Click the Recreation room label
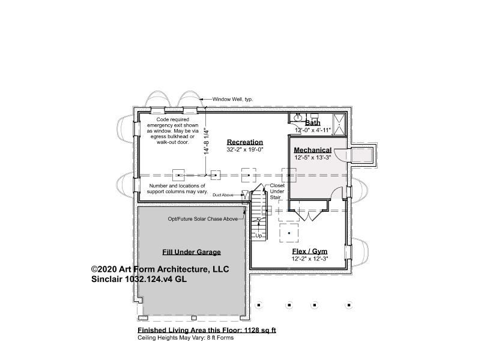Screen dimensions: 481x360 point(245,142)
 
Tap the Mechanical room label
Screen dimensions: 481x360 point(313,150)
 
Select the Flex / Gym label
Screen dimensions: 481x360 point(309,251)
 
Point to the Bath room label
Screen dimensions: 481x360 point(313,123)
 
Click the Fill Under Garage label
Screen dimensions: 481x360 point(192,252)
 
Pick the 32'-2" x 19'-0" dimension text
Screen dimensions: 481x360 point(245,149)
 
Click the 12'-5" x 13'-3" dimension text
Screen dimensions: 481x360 point(313,157)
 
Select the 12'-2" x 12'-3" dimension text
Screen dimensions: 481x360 point(309,259)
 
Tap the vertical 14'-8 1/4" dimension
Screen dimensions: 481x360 point(207,141)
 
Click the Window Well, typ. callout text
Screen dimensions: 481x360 point(232,99)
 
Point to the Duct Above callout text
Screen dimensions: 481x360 point(223,195)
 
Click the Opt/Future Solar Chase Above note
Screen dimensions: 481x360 point(203,219)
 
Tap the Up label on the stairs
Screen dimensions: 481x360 point(259,236)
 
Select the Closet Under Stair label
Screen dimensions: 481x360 point(277,191)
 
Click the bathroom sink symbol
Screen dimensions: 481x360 point(298,118)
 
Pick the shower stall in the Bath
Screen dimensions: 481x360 point(339,124)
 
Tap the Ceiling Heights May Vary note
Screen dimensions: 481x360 point(186,338)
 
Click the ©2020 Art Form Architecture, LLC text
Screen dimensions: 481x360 point(160,269)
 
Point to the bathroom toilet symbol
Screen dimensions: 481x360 point(314,116)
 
